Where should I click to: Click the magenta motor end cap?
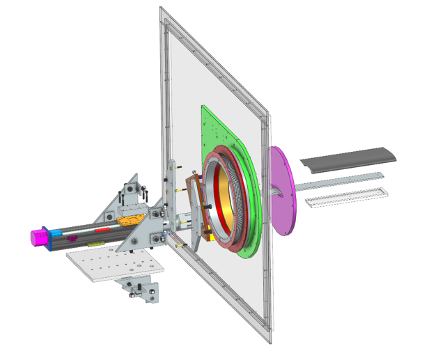pyautogui.click(x=36, y=237)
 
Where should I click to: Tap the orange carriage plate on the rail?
pyautogui.click(x=130, y=219)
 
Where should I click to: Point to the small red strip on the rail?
pyautogui.click(x=102, y=229)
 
